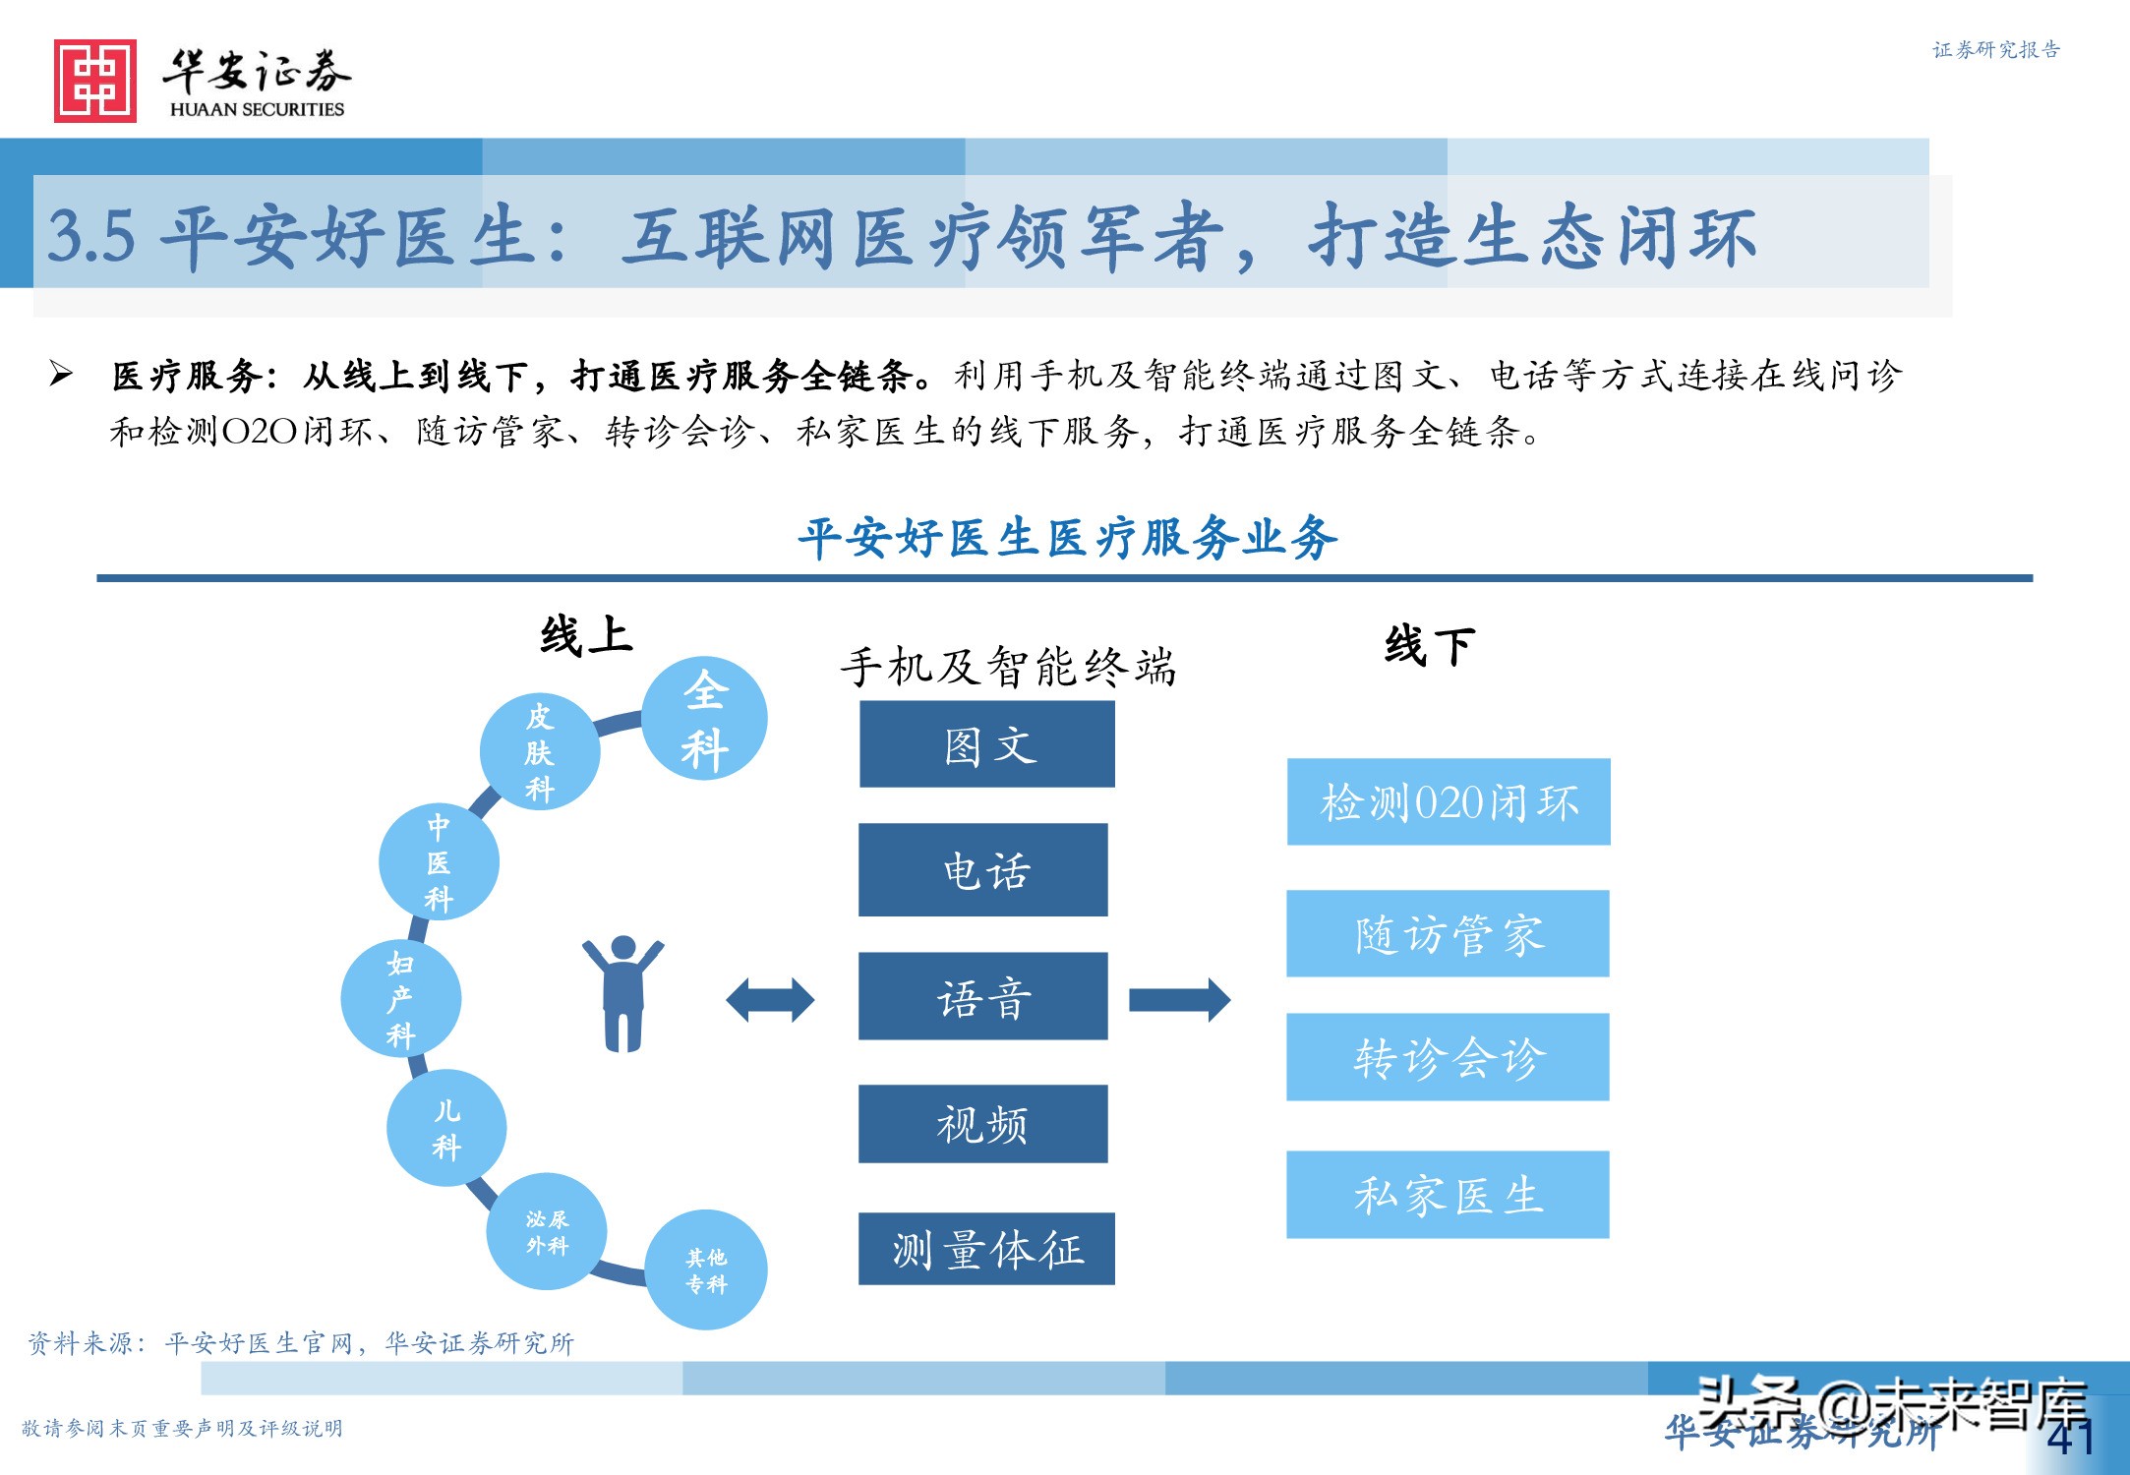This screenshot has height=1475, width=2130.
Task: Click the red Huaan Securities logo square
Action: pos(95,81)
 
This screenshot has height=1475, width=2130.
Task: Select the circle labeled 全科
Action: pos(704,719)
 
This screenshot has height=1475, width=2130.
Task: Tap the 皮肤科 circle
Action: pos(539,752)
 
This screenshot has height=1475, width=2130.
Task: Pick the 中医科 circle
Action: pos(439,862)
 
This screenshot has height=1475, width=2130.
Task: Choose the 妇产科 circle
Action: pos(400,998)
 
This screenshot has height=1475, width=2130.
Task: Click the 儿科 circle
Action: pos(446,1128)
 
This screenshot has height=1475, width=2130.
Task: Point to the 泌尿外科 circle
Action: pos(547,1231)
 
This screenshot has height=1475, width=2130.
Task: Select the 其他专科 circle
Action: pos(706,1269)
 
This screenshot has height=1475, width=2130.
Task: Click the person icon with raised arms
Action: pos(622,993)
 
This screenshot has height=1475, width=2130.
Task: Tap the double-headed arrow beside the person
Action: pos(770,1000)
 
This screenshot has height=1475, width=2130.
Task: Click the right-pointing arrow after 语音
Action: pos(1179,1000)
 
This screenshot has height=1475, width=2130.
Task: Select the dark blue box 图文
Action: pos(987,744)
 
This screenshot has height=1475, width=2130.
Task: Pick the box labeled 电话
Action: pos(983,870)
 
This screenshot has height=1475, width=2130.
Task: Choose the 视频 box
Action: pos(983,1124)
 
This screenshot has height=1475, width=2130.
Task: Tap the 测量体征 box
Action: pos(986,1249)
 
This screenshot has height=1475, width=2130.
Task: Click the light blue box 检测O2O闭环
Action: pos(1449,801)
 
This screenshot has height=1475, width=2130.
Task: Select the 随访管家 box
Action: pos(1448,933)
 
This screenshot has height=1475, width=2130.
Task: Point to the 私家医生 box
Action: pos(1448,1195)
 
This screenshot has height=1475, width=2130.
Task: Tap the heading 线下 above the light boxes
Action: pos(1429,646)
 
